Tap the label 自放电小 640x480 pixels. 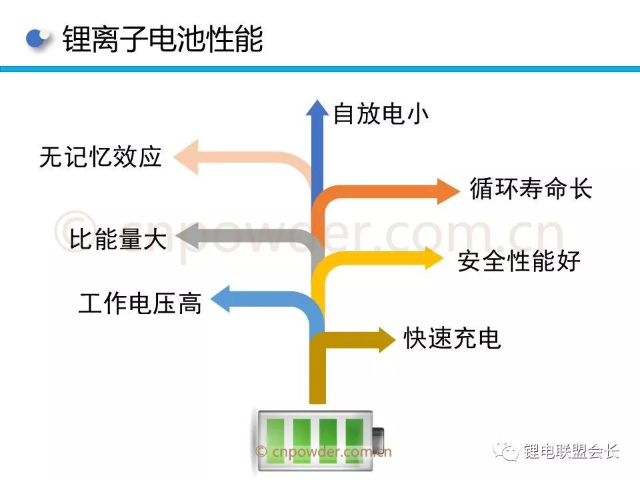click(381, 114)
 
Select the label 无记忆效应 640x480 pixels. click(101, 157)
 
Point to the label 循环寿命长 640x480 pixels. click(531, 189)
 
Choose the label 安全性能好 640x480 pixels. click(519, 261)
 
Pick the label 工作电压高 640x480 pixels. click(140, 303)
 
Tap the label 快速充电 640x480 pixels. click(452, 339)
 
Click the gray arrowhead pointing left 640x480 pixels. click(187, 237)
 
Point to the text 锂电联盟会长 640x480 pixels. click(571, 451)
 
